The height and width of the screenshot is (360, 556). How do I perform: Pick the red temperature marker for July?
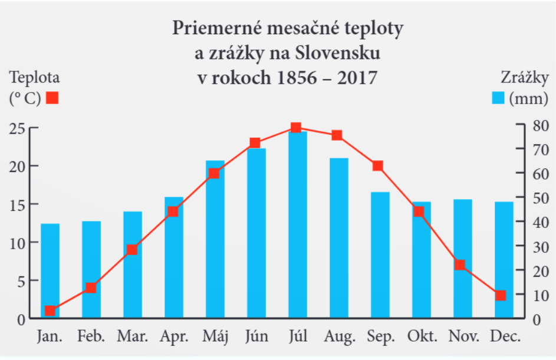296,128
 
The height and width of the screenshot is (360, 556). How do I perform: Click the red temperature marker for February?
90,288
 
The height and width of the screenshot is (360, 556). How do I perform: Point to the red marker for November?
460,265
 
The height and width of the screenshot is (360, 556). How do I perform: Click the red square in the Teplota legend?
52,98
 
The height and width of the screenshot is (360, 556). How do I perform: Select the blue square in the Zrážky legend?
499,98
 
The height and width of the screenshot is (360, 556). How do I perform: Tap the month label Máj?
215,337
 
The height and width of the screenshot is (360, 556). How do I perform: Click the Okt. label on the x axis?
422,337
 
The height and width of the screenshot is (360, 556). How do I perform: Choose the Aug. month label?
340,337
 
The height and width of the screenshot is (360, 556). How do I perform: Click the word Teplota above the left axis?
34,77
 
